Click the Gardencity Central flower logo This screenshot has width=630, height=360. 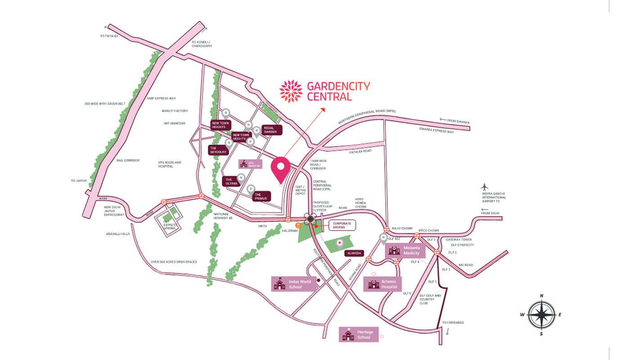point(291,91)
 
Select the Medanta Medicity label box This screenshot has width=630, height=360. point(404,251)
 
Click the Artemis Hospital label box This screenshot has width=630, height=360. point(382,284)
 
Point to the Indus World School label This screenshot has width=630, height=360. point(293,284)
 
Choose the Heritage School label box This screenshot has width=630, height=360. point(358,334)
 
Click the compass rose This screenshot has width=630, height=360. point(541,315)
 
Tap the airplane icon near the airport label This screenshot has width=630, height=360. point(484,187)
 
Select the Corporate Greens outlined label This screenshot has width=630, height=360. point(342,225)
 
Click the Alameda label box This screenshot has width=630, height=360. point(354,253)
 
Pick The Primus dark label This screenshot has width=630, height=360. point(261,196)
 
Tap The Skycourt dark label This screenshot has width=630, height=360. point(219,150)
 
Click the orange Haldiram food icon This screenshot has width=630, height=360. point(298,225)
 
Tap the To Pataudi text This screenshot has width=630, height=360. point(109,36)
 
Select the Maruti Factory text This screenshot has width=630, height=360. point(175,111)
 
